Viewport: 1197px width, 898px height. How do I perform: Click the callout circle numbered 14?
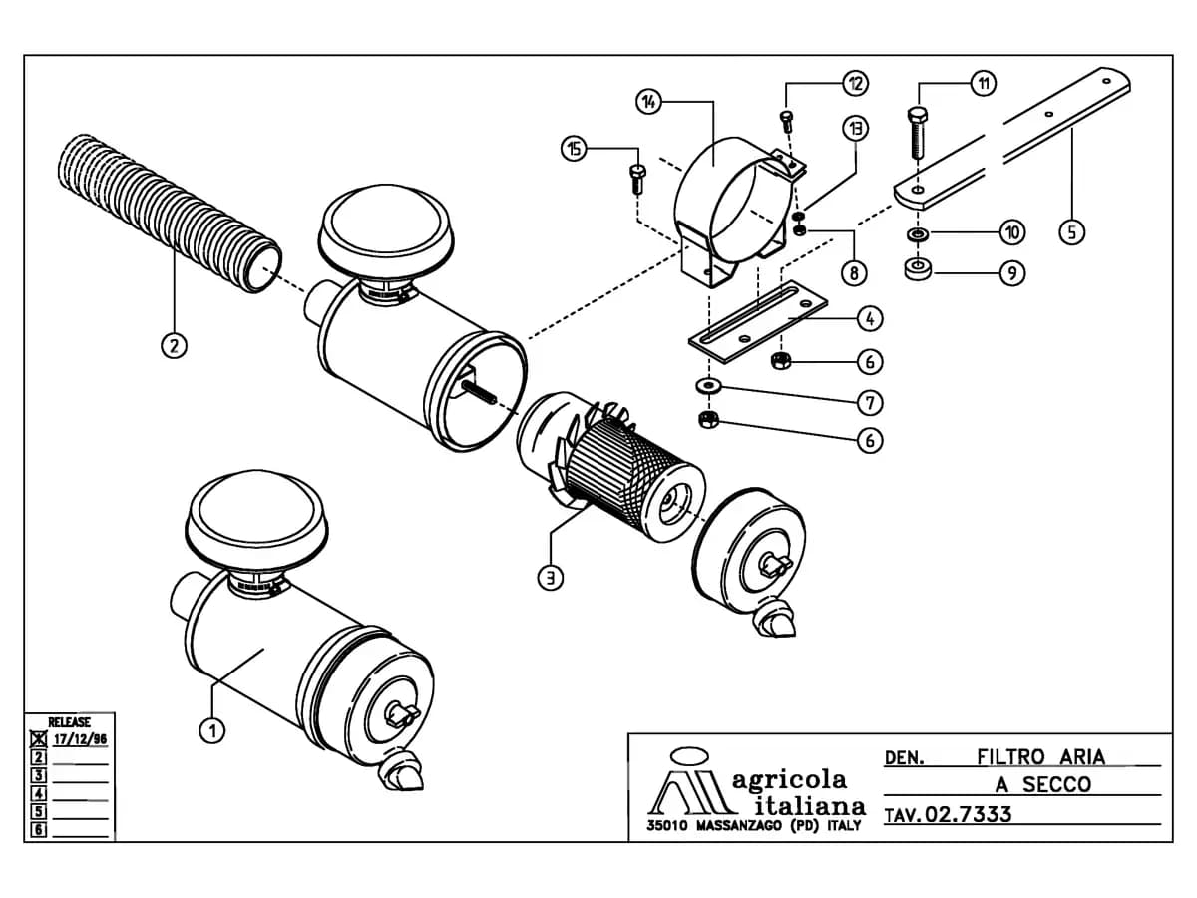point(649,102)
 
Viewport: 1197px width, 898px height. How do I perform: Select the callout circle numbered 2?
point(174,345)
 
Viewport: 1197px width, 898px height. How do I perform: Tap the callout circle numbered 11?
point(984,84)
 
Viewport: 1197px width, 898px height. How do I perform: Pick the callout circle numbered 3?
point(551,578)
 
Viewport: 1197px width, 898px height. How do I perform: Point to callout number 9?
point(1012,273)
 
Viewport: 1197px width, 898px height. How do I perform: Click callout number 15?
point(575,149)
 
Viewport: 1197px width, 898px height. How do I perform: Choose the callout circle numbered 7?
point(870,403)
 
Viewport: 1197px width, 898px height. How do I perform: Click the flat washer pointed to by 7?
point(709,386)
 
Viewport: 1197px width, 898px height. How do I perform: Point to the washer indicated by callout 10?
point(919,235)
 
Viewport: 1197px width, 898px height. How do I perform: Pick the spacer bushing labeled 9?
point(919,269)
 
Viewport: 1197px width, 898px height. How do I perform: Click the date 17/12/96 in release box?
point(80,740)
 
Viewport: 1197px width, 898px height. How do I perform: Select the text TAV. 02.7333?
point(949,814)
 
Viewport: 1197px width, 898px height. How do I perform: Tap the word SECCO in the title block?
point(1056,784)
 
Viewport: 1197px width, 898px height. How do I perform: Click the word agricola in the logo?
point(789,781)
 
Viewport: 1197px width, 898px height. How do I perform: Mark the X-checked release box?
point(39,738)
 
